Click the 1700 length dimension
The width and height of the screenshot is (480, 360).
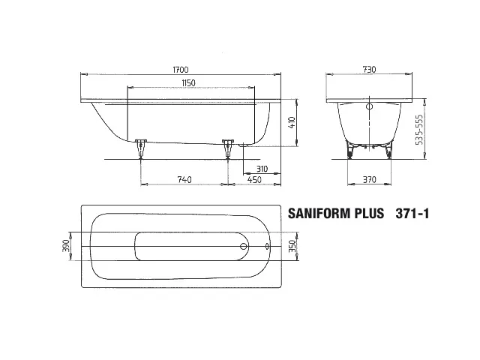point(181,70)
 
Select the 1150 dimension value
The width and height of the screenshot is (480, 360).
point(188,83)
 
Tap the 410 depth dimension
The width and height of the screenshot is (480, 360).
point(292,122)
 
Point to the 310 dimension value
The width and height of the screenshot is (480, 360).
point(262,169)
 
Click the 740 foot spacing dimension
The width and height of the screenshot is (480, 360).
point(184,179)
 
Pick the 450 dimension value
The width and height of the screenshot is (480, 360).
point(254,180)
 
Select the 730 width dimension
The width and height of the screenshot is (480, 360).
point(369,70)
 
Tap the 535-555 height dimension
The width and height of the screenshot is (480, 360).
point(419,130)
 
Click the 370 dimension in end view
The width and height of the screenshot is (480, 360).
point(370,179)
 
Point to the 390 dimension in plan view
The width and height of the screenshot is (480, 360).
point(66,245)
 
